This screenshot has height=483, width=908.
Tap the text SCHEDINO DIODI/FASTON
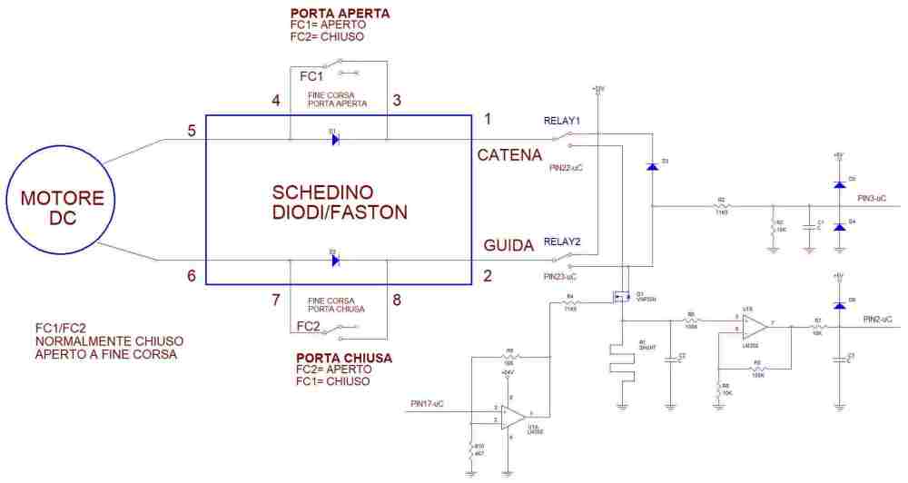pyautogui.click(x=340, y=202)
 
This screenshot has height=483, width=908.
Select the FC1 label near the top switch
pyautogui.click(x=311, y=76)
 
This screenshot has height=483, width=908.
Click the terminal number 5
pyautogui.click(x=192, y=131)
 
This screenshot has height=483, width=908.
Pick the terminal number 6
pyautogui.click(x=192, y=275)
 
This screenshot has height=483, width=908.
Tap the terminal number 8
pyautogui.click(x=396, y=300)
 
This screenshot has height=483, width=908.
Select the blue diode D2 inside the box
pyautogui.click(x=334, y=260)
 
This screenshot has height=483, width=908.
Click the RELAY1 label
pyautogui.click(x=562, y=120)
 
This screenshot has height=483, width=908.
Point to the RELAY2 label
pyautogui.click(x=562, y=241)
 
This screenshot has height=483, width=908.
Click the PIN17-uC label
pyautogui.click(x=426, y=403)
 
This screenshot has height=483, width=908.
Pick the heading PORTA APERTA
pyautogui.click(x=340, y=14)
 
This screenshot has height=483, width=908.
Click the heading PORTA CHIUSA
pyautogui.click(x=344, y=358)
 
